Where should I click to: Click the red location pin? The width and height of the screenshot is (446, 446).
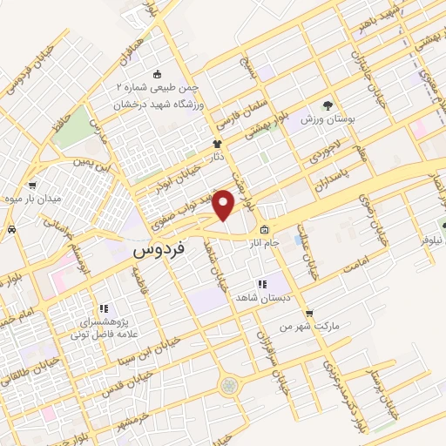(x=225, y=205)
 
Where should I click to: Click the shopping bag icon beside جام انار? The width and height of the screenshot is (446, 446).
(x=264, y=232)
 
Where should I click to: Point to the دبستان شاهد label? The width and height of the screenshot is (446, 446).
(x=260, y=297)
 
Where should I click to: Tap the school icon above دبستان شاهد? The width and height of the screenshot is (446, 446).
(x=260, y=284)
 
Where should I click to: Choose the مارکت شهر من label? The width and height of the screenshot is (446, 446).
(x=295, y=326)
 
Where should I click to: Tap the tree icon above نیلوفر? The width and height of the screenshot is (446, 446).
(x=443, y=225)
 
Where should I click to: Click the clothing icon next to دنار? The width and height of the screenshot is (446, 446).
(x=217, y=145)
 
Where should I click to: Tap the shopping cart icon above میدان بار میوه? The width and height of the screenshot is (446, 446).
(x=32, y=185)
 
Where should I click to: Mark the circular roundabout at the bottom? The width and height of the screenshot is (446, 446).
(x=229, y=385)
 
